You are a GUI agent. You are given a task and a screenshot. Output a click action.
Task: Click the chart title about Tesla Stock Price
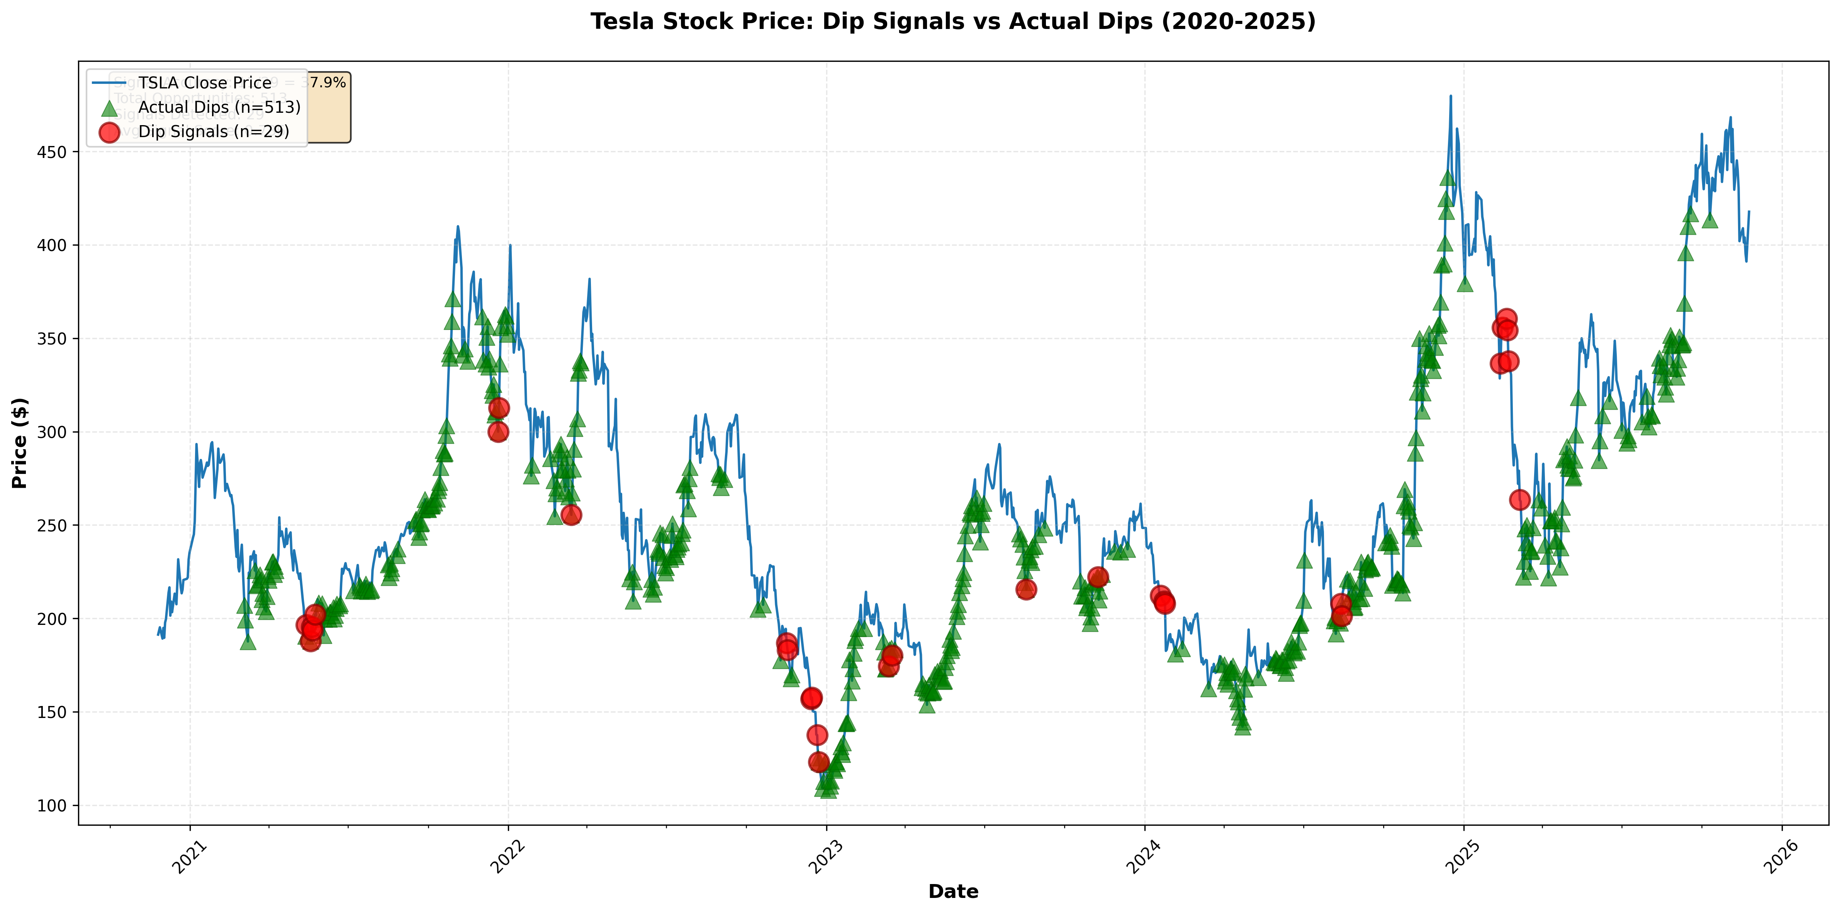(953, 21)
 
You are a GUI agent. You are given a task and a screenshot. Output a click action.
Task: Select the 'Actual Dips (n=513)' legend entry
(219, 107)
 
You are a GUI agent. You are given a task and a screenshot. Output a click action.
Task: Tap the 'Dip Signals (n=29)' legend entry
(214, 131)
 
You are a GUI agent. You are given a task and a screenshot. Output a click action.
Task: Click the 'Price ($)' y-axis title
(20, 443)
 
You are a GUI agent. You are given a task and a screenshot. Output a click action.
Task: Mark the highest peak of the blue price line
(1450, 96)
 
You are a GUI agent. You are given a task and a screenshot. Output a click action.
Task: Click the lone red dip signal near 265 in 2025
(1520, 499)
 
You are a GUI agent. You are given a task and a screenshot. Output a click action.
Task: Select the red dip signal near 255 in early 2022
(571, 514)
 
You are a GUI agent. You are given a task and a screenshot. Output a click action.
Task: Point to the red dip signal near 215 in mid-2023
(1026, 589)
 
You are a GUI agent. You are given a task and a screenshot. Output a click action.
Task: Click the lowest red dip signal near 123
(818, 762)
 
